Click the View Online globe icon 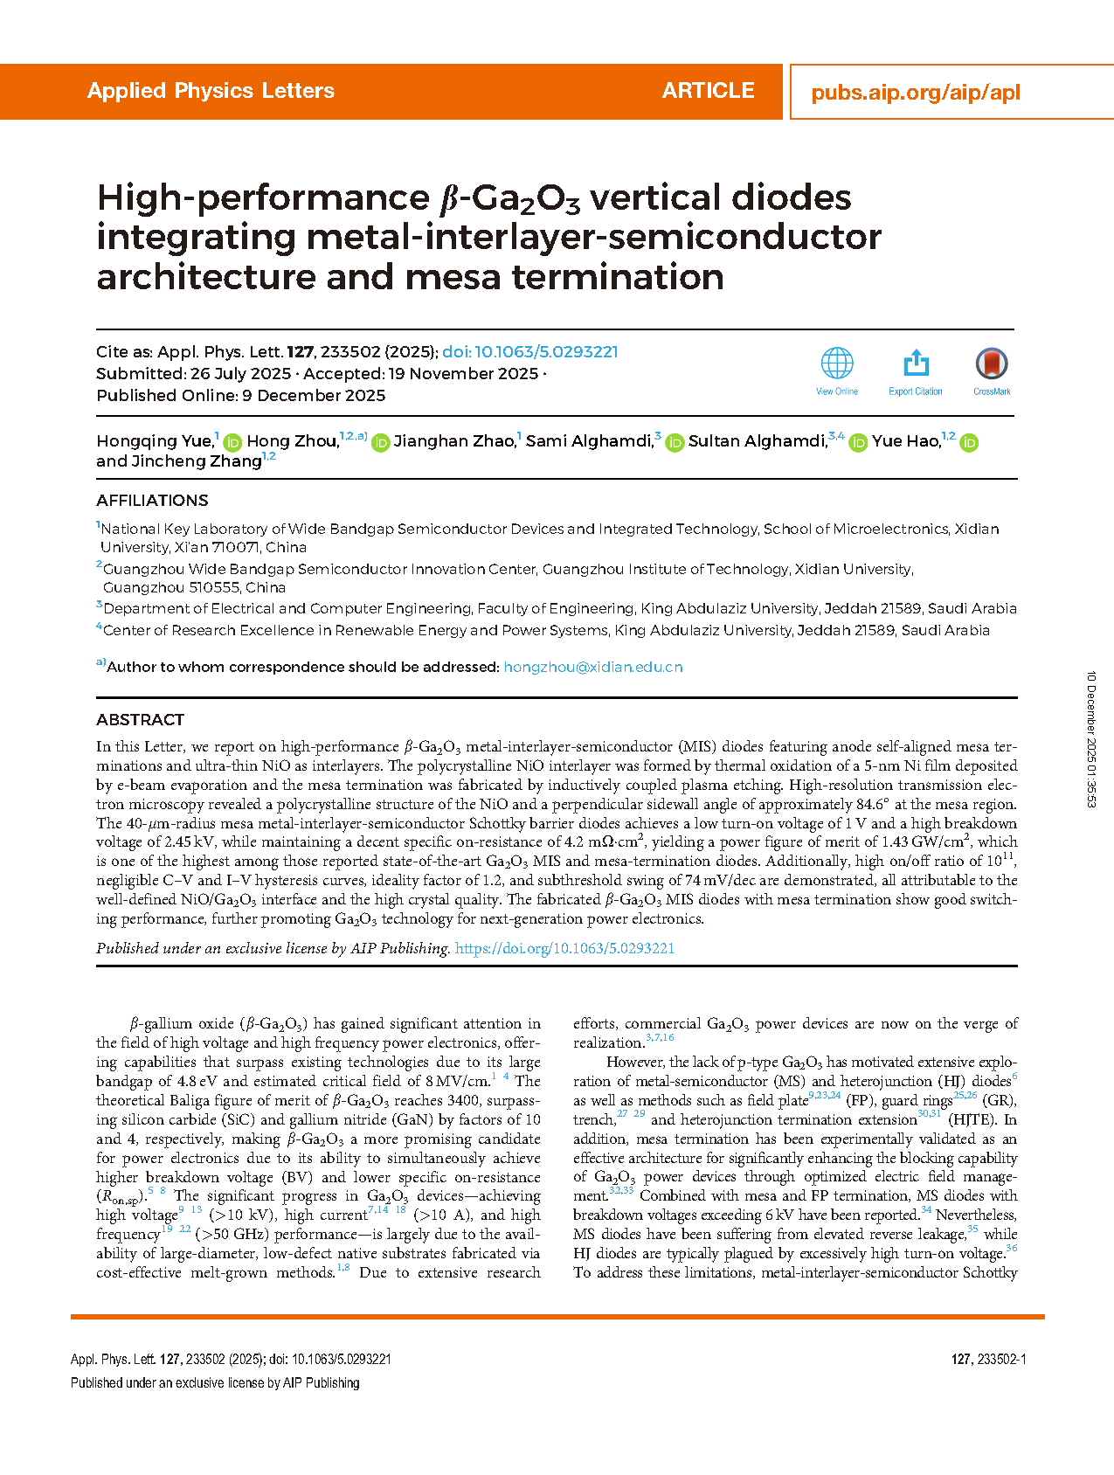pyautogui.click(x=837, y=364)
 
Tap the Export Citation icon pyautogui.click(x=916, y=364)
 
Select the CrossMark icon pyautogui.click(x=992, y=364)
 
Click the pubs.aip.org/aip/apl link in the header pyautogui.click(x=916, y=93)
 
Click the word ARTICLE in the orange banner pyautogui.click(x=708, y=91)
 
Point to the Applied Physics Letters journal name pyautogui.click(x=211, y=91)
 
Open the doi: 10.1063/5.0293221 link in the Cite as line pyautogui.click(x=530, y=352)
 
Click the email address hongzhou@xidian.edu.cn pyautogui.click(x=593, y=668)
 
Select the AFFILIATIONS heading pyautogui.click(x=152, y=501)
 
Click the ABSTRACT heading pyautogui.click(x=140, y=720)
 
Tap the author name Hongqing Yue pyautogui.click(x=154, y=441)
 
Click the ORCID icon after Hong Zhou pyautogui.click(x=381, y=443)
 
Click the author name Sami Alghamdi pyautogui.click(x=589, y=441)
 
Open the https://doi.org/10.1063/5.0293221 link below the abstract pyautogui.click(x=564, y=949)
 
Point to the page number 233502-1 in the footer pyautogui.click(x=988, y=1360)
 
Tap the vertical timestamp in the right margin pyautogui.click(x=1091, y=739)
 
